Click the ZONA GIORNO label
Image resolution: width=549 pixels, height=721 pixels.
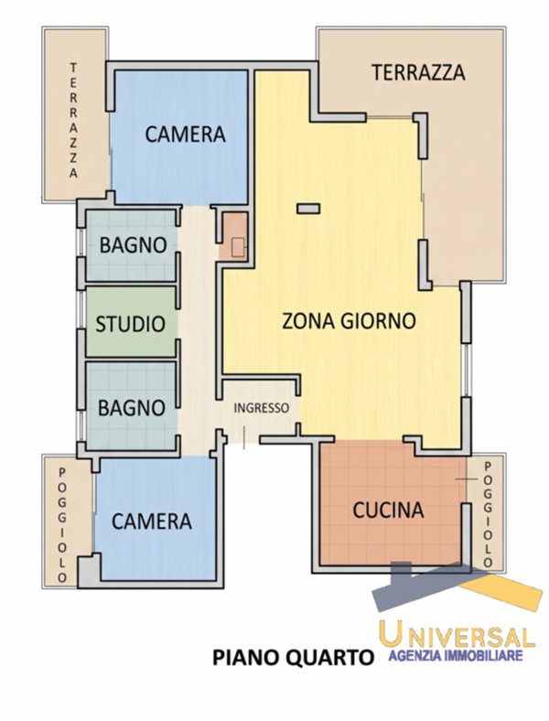349,320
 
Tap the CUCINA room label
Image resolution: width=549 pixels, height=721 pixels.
388,510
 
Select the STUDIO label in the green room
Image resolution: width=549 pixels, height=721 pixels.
131,324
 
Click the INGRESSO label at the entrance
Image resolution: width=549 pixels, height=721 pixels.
262,408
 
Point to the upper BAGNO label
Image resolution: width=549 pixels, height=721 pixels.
133,245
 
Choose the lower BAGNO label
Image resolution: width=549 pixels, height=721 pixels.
132,408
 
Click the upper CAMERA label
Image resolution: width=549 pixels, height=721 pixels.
186,135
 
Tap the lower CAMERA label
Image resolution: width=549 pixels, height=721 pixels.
152,522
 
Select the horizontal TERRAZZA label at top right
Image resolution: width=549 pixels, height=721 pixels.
418,72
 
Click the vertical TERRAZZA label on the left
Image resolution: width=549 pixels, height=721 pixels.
73,121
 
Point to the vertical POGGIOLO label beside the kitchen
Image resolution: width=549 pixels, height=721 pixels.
488,515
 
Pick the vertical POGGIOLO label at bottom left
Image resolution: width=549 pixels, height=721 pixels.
62,525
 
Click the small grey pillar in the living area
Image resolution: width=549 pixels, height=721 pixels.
308,209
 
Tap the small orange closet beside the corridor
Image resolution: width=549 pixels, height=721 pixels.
233,235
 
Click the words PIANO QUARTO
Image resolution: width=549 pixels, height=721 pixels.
293,657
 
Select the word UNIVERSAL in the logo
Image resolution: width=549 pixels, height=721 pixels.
457,633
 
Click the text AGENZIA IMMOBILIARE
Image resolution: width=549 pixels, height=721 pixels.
456,655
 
